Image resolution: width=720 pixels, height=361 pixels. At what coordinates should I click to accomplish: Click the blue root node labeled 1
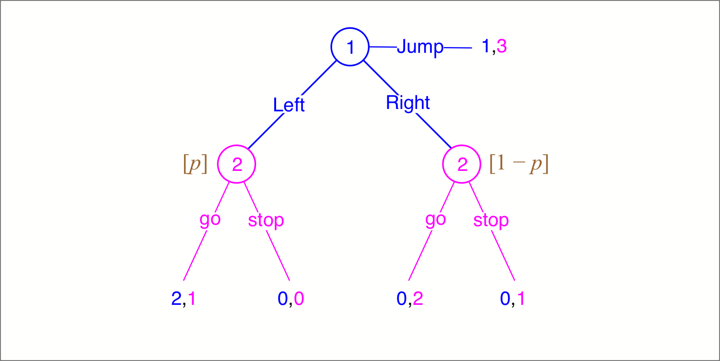coord(350,47)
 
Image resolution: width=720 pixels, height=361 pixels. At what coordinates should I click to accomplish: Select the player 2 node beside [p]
coord(237,164)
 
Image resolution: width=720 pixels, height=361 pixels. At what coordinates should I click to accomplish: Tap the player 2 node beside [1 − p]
coord(462,164)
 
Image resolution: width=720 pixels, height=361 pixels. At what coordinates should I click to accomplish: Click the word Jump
coord(420,48)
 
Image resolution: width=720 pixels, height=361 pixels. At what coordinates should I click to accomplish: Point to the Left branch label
coord(289,105)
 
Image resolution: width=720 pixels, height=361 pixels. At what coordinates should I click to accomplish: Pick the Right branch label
coord(408,103)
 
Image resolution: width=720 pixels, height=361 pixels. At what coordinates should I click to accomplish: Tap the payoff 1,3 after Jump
coord(494,46)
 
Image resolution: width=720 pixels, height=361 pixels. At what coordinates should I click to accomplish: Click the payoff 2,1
coord(183,299)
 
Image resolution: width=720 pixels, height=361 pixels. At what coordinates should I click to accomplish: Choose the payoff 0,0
coord(290,299)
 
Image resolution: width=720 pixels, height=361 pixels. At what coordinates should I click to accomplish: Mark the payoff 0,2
coord(409,299)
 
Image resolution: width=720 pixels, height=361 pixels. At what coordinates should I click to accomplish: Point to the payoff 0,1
coord(512,299)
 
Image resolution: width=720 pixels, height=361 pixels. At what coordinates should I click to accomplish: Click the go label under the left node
coord(210,219)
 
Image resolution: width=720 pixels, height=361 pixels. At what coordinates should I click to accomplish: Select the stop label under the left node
coord(266,220)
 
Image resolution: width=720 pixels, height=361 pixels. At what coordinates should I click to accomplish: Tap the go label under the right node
coord(435,219)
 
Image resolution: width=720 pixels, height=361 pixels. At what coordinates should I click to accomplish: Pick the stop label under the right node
coord(491,220)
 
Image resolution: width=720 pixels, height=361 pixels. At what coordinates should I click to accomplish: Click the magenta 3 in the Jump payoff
coord(501,46)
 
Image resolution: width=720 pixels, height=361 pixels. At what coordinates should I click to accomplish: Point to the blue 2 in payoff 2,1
coord(176,299)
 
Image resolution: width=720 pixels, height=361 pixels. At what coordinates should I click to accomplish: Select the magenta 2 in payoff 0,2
coord(418,299)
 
